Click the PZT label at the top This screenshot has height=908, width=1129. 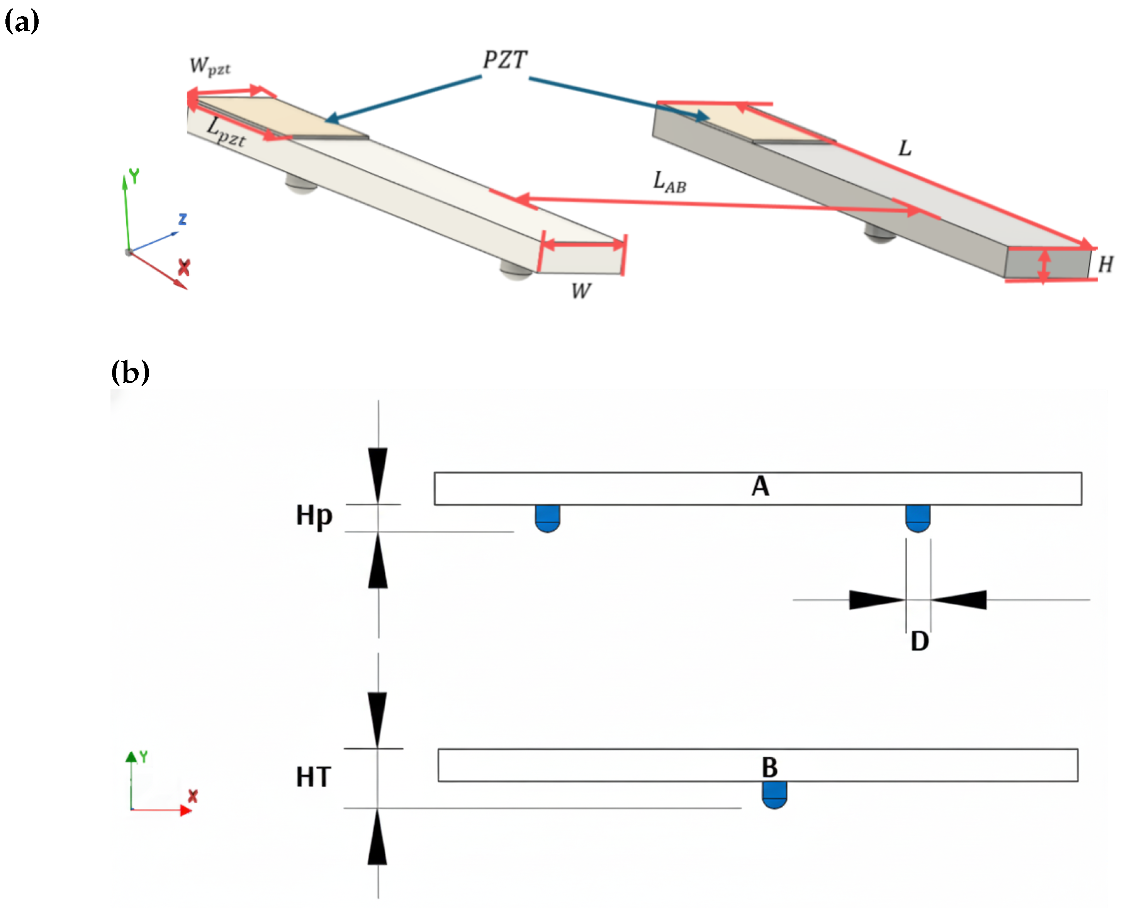click(505, 60)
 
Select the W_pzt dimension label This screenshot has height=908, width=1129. click(209, 66)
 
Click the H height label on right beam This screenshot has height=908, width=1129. click(1105, 265)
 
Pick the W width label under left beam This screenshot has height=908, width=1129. click(581, 290)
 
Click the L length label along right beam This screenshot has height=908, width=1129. click(904, 149)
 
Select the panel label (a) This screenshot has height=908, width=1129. click(22, 22)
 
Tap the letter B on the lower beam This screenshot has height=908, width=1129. click(769, 768)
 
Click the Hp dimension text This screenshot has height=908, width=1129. click(314, 516)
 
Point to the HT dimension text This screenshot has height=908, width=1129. click(313, 777)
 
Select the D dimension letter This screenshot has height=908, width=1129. click(920, 642)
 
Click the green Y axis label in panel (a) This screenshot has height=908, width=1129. click(134, 176)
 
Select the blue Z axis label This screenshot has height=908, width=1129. click(183, 219)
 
